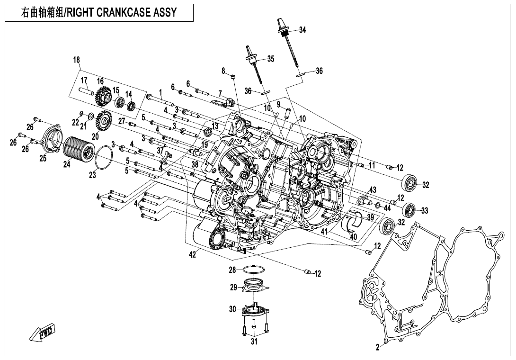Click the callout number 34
[x=302, y=30]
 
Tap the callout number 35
[x=270, y=59]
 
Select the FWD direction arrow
[x=42, y=332]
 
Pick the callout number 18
[x=77, y=60]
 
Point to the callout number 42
[x=192, y=255]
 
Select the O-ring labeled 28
[x=253, y=270]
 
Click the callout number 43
[x=373, y=189]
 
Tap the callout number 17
[x=84, y=80]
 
